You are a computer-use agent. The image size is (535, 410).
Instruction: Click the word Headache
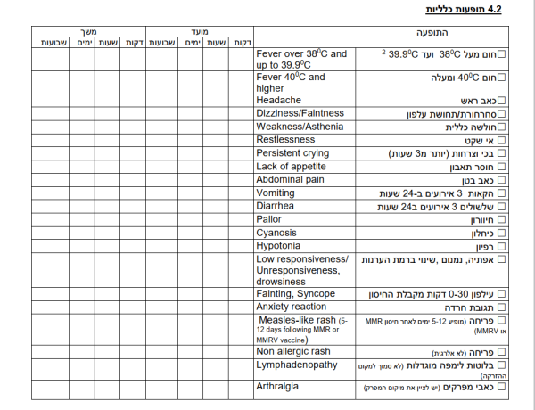click(x=277, y=100)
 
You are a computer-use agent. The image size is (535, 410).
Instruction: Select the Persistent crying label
click(x=292, y=153)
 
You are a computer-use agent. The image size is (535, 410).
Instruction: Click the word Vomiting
click(x=276, y=193)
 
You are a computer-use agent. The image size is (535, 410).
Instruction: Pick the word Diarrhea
click(x=276, y=206)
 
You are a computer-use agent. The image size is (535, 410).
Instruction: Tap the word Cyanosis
click(x=276, y=233)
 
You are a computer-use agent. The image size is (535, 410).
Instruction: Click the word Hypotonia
click(x=278, y=245)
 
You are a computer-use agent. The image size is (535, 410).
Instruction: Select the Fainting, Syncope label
click(x=295, y=293)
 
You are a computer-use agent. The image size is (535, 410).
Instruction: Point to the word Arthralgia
click(x=276, y=387)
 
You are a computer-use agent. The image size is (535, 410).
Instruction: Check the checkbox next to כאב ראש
click(x=503, y=101)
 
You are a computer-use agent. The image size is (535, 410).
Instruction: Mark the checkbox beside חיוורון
click(x=503, y=219)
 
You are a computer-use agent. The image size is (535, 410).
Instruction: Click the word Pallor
click(x=269, y=219)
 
